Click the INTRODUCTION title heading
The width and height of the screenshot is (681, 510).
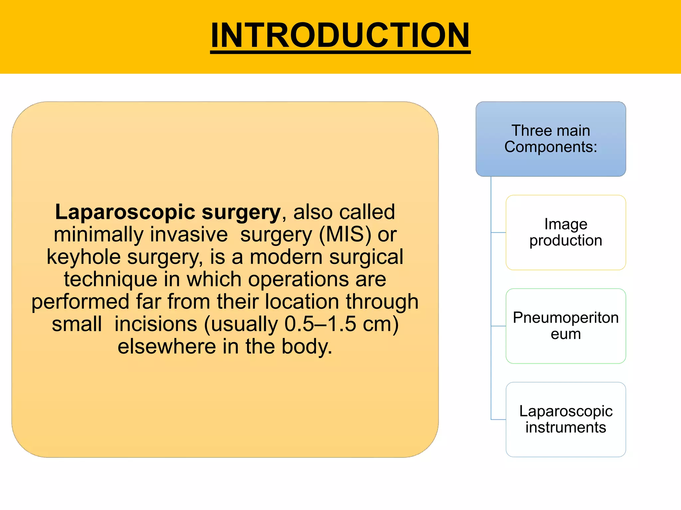(340, 35)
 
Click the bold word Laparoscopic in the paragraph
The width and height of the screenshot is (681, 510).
(125, 212)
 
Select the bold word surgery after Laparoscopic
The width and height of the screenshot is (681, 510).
(241, 212)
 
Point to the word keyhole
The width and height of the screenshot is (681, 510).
(83, 257)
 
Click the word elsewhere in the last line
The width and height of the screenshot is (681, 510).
(167, 346)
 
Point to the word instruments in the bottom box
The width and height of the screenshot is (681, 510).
(566, 428)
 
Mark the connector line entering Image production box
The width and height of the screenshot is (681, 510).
(498, 232)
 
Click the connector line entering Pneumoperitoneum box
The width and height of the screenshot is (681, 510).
(498, 326)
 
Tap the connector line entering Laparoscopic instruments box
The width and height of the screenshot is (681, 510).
(498, 420)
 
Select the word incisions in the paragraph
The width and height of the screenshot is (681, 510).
(156, 324)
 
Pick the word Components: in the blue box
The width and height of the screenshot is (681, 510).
(551, 147)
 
